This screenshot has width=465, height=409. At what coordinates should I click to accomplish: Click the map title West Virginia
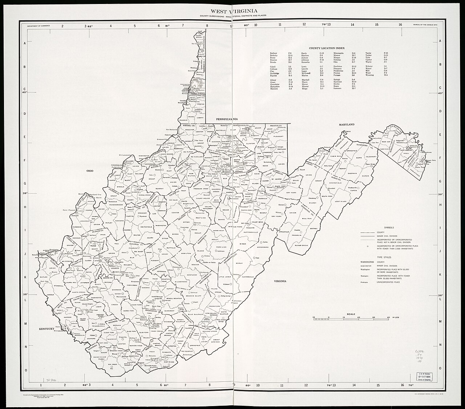tap(232, 11)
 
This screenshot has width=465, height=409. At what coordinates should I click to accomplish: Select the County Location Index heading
tap(327, 48)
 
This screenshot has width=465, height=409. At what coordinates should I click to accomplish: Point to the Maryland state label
tap(347, 125)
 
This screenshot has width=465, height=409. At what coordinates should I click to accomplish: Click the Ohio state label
tap(90, 170)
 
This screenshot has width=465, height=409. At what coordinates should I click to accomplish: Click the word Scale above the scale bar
tap(351, 314)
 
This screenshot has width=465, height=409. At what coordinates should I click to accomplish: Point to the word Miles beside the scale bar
tap(396, 317)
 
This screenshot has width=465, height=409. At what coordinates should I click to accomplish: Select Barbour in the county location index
tap(273, 53)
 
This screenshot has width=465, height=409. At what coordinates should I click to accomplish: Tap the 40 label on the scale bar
tap(389, 317)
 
